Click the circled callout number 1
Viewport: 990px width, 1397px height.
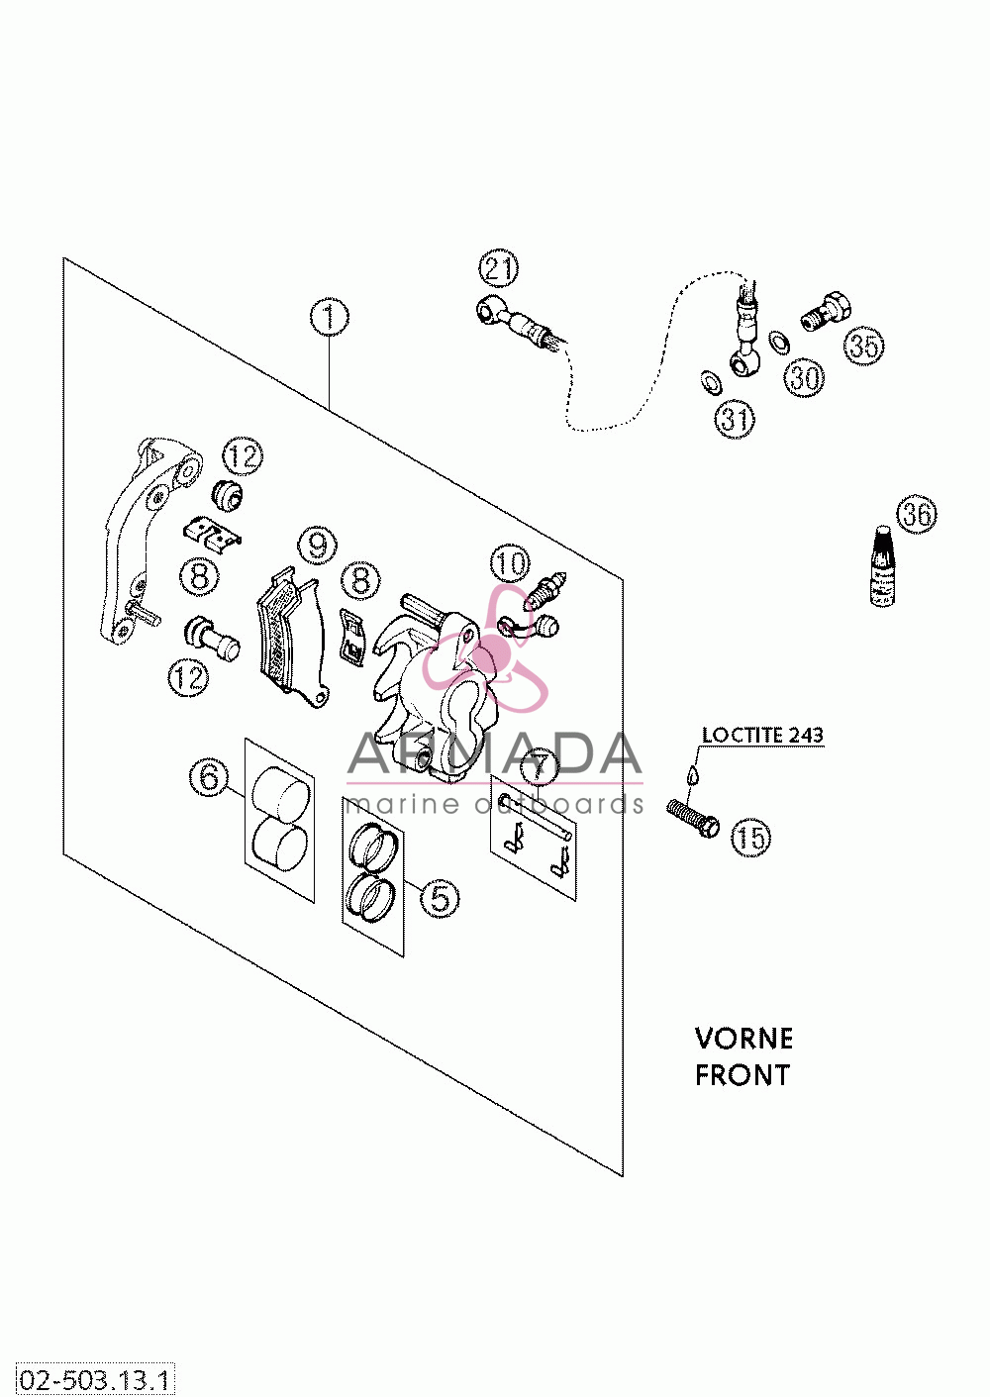(x=329, y=318)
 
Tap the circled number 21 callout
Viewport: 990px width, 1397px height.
(x=499, y=268)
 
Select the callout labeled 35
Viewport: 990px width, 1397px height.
(x=864, y=345)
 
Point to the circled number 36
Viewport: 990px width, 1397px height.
(x=917, y=515)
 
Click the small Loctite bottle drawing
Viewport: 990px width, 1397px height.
(x=882, y=565)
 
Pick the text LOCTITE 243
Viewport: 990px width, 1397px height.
(x=762, y=736)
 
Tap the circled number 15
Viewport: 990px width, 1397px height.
(x=750, y=837)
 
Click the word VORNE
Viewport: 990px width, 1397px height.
(x=743, y=1039)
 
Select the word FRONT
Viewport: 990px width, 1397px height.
(x=742, y=1075)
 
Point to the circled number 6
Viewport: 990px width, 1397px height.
(x=210, y=777)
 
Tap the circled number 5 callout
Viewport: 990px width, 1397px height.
(x=440, y=898)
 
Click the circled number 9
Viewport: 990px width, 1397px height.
(x=318, y=546)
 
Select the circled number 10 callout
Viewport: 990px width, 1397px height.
(x=510, y=563)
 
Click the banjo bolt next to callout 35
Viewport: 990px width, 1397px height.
(x=826, y=310)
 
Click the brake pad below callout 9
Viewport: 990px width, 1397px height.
(x=293, y=638)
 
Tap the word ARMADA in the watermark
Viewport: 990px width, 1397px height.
(x=494, y=754)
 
